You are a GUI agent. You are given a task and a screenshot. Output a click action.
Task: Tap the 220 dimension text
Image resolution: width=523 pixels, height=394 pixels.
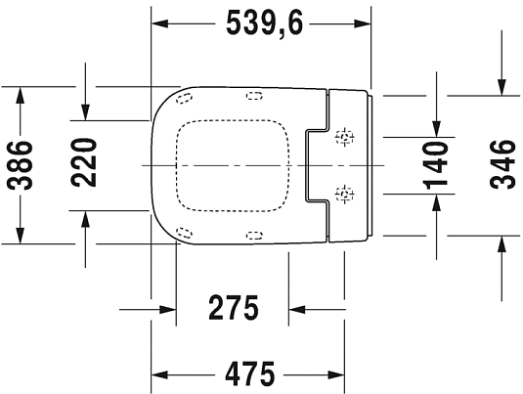tap(86, 163)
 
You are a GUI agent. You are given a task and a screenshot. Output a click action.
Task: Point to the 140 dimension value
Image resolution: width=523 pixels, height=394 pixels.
tap(436, 163)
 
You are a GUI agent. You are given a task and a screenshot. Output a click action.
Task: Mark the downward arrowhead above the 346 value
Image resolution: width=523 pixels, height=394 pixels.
tap(501, 88)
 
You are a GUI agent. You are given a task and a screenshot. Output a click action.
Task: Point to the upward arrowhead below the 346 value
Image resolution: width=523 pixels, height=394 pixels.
tap(501, 242)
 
